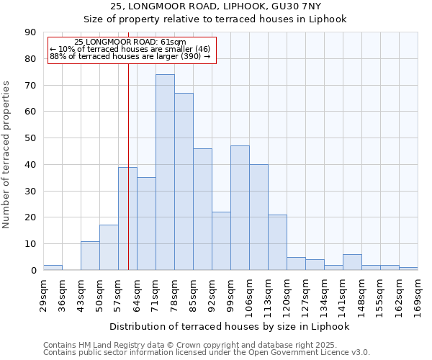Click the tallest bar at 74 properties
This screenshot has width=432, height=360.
click(x=165, y=173)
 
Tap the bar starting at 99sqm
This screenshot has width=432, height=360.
click(x=240, y=208)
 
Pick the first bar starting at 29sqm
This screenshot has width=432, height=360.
click(x=53, y=268)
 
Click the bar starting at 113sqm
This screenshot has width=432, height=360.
click(x=277, y=243)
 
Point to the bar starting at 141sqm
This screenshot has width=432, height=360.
click(x=352, y=263)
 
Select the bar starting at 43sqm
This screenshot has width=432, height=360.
click(x=90, y=256)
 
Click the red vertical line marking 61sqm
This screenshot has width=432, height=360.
click(x=128, y=180)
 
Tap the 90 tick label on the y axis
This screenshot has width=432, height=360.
click(x=31, y=32)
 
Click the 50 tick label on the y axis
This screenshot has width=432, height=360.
click(x=31, y=138)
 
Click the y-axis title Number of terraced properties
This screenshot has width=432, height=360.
click(x=7, y=154)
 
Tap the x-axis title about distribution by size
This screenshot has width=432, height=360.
click(x=230, y=326)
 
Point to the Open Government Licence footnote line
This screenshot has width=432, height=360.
click(x=206, y=353)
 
